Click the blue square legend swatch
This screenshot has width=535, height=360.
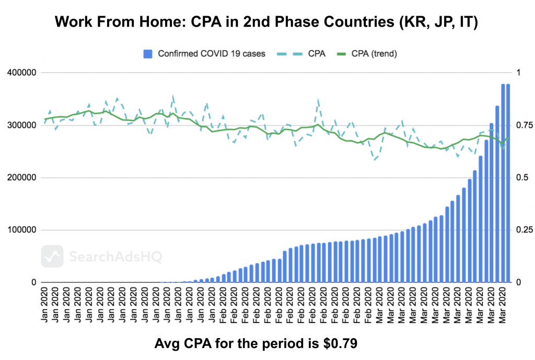coord(148,53)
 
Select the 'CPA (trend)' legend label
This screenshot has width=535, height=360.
coord(375,53)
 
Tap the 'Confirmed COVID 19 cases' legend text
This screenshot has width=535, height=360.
coord(211,53)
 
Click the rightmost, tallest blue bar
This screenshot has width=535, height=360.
coord(508,183)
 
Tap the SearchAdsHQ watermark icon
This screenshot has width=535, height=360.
coord(52,257)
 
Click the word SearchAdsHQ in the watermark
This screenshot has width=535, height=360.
coord(115,257)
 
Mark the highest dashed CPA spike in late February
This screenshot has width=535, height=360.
coord(318,99)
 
